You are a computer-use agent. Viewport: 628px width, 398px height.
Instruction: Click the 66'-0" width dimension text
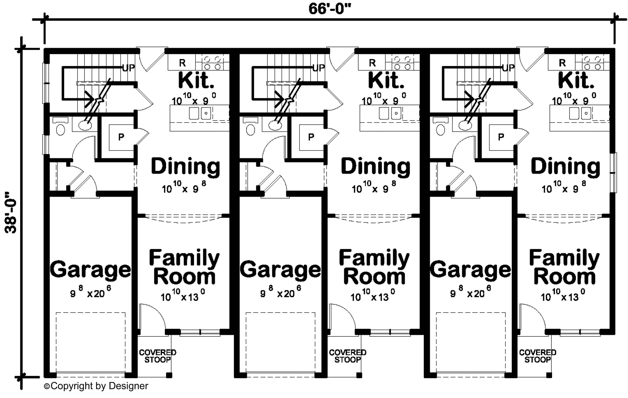(x=329, y=9)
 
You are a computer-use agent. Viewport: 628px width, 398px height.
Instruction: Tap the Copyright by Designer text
(x=96, y=386)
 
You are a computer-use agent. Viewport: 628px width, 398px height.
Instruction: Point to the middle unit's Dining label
(x=376, y=166)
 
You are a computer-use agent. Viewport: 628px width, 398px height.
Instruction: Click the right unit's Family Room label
(x=564, y=267)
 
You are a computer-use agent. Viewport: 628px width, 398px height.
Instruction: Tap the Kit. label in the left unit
(x=196, y=80)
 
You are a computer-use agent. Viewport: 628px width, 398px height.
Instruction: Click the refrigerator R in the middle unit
(x=372, y=63)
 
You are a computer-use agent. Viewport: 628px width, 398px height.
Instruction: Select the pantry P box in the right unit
(x=501, y=137)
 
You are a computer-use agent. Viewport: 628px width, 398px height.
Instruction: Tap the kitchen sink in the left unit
(x=200, y=113)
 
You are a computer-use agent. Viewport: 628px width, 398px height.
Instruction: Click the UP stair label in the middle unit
(x=318, y=68)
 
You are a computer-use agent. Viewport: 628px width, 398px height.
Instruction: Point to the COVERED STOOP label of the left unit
(x=158, y=356)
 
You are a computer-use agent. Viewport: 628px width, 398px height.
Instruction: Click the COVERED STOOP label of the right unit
(x=538, y=356)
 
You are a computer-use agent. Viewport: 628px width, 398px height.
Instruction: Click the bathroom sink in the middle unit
(x=275, y=125)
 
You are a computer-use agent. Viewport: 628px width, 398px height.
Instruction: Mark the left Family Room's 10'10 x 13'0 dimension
(x=183, y=296)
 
